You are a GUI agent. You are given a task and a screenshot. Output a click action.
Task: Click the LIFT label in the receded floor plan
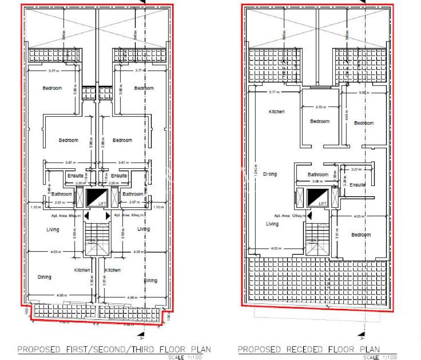323,204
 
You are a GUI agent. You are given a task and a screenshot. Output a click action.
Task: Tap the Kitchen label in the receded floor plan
277,111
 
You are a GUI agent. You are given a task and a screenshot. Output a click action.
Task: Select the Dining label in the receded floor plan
270,174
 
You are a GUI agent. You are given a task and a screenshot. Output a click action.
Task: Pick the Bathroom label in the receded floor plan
318,174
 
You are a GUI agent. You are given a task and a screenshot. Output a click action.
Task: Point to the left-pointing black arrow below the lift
86,216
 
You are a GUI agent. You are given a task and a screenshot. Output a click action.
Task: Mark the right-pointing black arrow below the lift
108,216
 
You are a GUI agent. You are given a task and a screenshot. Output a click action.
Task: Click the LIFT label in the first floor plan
102,204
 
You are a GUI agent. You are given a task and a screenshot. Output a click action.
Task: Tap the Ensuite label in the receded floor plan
357,185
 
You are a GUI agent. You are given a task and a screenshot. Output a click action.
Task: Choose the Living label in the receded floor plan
272,224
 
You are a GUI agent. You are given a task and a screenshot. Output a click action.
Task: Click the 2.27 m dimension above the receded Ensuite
356,169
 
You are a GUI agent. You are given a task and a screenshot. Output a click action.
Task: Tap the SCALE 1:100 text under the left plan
190,357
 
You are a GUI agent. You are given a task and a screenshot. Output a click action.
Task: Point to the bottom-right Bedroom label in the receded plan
361,235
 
